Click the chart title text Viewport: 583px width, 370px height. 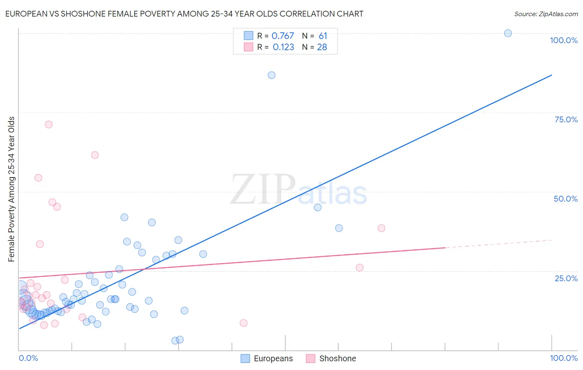tap(184, 14)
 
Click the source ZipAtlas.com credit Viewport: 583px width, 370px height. tap(546, 14)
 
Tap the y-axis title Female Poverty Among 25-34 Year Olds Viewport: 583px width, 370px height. tap(12, 189)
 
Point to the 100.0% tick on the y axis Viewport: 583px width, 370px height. tap(564, 40)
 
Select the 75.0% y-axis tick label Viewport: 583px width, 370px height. tap(566, 119)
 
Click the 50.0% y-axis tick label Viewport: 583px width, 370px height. tap(566, 199)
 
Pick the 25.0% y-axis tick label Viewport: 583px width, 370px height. tap(566, 278)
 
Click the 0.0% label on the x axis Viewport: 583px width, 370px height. tap(28, 358)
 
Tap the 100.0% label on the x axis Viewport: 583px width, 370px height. tap(564, 358)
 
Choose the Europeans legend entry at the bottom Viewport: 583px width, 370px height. tap(267, 358)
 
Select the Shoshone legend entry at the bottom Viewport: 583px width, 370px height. tap(331, 358)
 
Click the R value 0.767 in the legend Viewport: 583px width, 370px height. tap(282, 36)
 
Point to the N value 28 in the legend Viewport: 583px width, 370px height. tap(322, 47)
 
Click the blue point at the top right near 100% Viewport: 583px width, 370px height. tap(508, 33)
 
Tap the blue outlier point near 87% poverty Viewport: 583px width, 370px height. tap(272, 75)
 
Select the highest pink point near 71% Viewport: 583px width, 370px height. tap(49, 124)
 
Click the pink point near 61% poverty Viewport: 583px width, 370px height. tap(95, 155)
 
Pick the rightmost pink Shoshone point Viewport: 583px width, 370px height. tap(381, 228)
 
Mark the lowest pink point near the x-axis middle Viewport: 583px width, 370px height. tap(243, 323)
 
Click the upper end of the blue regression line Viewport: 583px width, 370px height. tap(551, 75)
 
